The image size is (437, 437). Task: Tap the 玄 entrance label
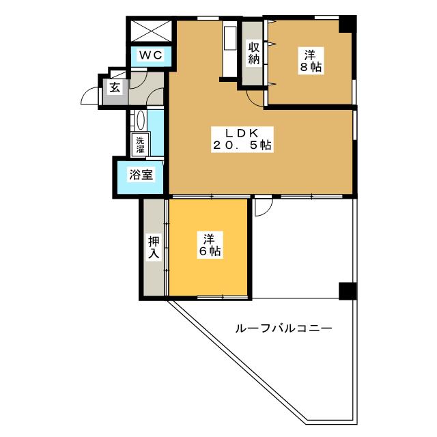(115, 87)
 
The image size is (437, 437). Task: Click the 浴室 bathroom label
(141, 174)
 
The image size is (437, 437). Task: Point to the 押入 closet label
(154, 247)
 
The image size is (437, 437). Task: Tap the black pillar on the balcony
(347, 290)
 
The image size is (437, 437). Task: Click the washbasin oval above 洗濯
(140, 122)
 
